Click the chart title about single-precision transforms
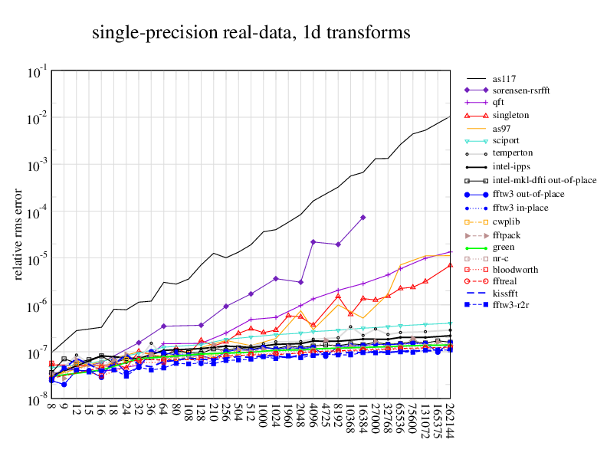point(251,33)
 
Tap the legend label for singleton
point(510,115)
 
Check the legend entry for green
point(504,247)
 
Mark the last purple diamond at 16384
point(363,218)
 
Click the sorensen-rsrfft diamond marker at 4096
point(313,242)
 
